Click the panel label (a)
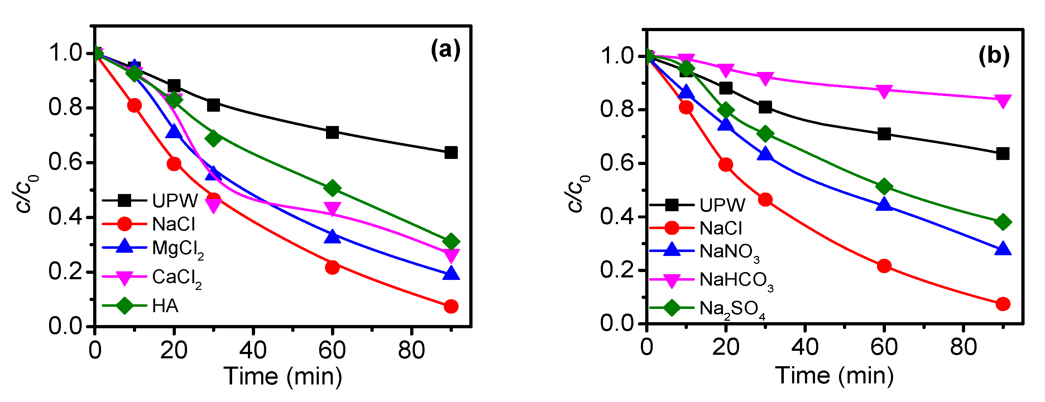445,50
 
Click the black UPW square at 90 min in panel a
451,153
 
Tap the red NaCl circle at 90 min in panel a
451,306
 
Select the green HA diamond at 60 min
332,188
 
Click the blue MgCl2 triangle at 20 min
174,132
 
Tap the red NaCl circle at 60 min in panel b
884,266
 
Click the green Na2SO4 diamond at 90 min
1003,222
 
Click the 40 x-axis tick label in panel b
805,347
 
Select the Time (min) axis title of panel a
283,376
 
